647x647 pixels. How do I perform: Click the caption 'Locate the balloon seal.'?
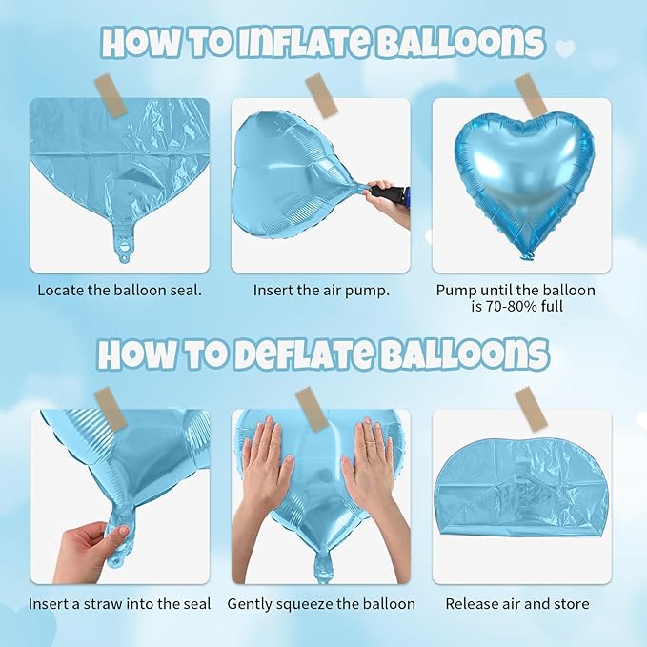point(119,290)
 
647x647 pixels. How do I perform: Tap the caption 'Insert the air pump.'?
point(321,290)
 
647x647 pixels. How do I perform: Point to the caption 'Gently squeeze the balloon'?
point(321,604)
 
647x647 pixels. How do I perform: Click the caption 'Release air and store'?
point(517,604)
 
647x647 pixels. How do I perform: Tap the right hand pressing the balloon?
point(372,467)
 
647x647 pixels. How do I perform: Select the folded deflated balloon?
point(520,495)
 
